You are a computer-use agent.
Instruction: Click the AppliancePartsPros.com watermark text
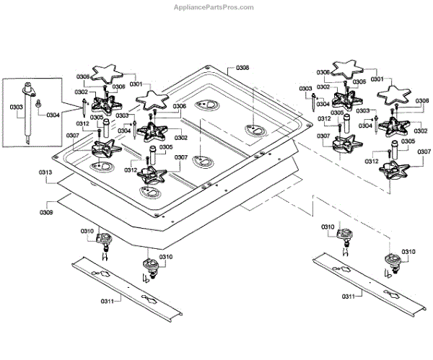coord(214,7)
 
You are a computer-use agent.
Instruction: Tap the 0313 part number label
coord(45,172)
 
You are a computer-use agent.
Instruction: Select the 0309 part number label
coord(46,212)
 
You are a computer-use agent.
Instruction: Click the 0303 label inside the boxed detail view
coord(17,107)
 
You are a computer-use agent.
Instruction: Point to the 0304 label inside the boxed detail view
coord(53,115)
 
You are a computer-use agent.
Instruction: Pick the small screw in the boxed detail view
coord(38,104)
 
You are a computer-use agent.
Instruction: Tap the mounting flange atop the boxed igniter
coord(29,89)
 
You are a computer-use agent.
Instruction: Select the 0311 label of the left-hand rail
coord(108,301)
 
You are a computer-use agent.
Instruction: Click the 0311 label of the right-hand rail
coord(349,297)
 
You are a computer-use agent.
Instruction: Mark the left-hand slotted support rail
coord(127,289)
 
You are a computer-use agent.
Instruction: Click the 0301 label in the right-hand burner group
coord(377,79)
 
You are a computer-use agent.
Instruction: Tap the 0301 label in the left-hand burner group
coord(136,84)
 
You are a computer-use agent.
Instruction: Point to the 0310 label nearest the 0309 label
coord(87,231)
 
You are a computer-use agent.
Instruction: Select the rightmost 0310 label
coord(408,252)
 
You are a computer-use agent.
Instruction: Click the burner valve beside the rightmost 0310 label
coord(393,263)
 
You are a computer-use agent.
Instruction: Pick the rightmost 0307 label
coord(424,152)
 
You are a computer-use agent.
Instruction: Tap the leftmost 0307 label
coord(73,136)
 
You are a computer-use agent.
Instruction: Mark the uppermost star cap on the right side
coord(347,69)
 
